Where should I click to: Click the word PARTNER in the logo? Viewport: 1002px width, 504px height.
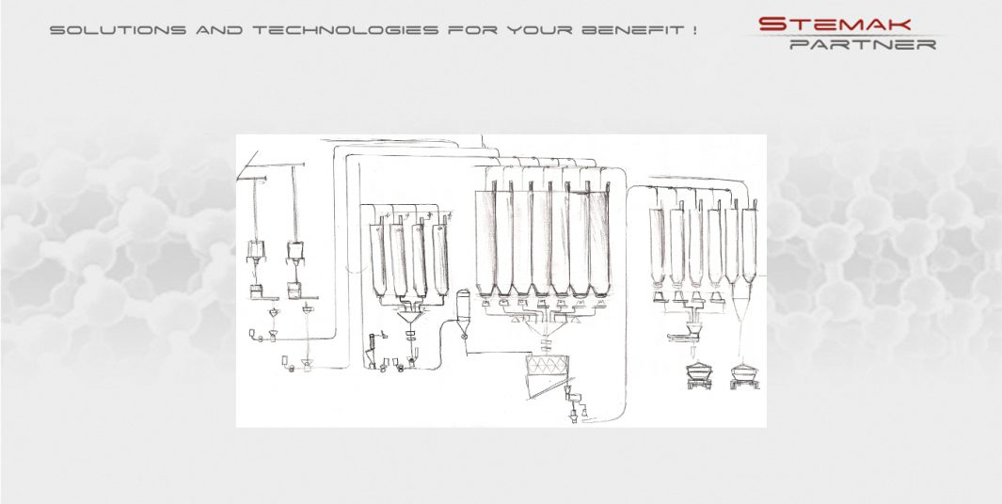tap(863, 44)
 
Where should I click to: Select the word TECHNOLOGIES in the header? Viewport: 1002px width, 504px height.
tap(345, 30)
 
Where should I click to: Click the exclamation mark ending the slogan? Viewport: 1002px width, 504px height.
tap(693, 30)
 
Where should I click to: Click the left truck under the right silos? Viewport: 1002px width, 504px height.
tap(699, 373)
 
